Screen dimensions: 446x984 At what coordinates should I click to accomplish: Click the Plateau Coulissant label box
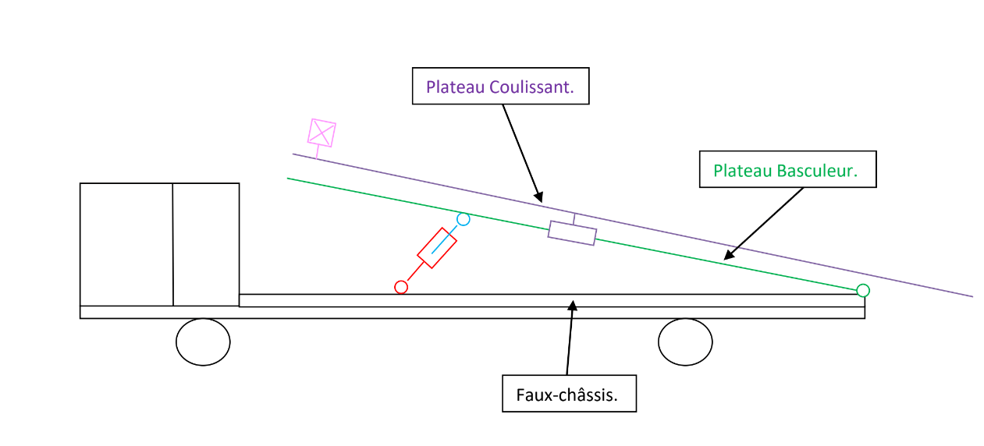[500, 87]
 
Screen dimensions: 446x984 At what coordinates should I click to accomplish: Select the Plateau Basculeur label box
[787, 170]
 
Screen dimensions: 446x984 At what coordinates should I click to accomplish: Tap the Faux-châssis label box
[568, 394]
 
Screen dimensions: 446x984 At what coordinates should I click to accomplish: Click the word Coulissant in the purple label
[531, 87]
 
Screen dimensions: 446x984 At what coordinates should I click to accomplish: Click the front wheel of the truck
[203, 342]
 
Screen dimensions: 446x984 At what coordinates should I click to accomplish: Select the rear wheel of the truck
[685, 342]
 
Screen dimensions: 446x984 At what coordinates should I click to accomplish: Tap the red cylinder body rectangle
[436, 248]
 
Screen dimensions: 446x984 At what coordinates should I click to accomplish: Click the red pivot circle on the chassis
[401, 287]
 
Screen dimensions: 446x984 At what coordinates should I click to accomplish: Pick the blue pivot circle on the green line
[463, 219]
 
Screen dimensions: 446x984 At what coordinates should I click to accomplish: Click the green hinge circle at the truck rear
[862, 291]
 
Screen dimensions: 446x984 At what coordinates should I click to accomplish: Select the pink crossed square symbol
[321, 133]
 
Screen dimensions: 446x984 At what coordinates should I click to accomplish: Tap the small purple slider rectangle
[572, 233]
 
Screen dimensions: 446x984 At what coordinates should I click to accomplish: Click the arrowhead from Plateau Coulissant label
[538, 198]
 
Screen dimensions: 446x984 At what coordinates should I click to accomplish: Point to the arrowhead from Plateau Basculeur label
[727, 254]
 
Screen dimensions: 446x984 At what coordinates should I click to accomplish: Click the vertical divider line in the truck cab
[172, 244]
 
